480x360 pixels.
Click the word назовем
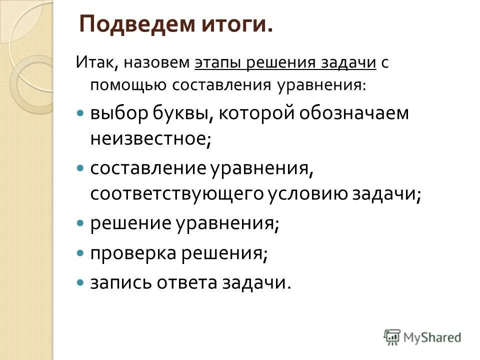click(157, 63)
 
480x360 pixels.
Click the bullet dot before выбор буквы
click(80, 114)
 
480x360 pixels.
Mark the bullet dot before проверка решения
click(80, 254)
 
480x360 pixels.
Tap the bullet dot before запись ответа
click(80, 283)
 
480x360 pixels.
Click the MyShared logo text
click(432, 337)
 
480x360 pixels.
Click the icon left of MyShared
click(392, 336)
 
